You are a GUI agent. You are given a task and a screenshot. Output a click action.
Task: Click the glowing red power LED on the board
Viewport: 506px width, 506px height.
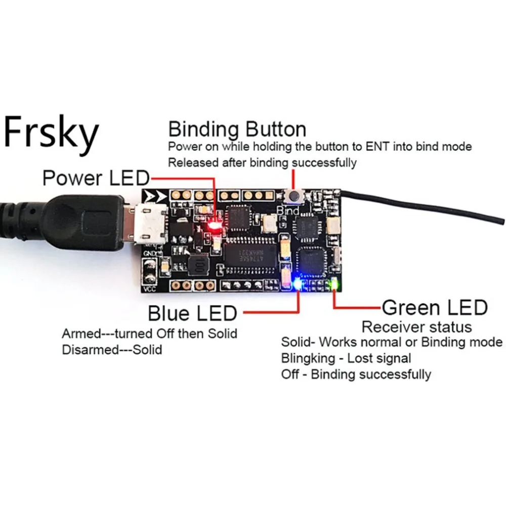point(215,226)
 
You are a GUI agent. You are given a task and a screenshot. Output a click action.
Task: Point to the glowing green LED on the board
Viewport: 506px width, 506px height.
point(334,284)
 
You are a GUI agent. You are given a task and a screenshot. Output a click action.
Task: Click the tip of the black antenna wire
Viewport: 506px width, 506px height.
point(502,221)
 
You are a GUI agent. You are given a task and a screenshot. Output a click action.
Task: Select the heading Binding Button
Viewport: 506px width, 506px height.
point(237,130)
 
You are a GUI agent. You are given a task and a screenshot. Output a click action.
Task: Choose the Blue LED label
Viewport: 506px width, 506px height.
point(192,313)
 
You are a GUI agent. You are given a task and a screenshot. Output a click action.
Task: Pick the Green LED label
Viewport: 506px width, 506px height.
point(434,307)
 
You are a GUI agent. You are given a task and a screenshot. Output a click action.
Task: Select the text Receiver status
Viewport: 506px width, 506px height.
point(416,326)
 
